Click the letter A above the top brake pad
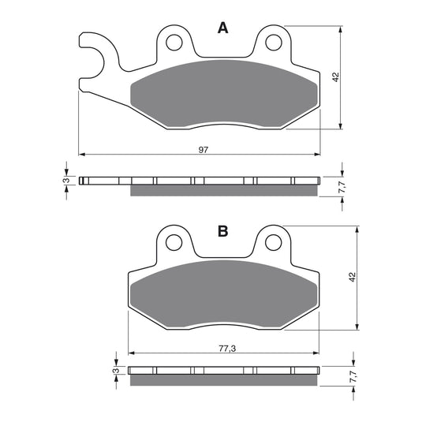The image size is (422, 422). [x=222, y=29]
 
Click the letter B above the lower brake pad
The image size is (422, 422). [x=222, y=231]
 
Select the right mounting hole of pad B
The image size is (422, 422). [x=273, y=241]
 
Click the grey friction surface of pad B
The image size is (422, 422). [x=222, y=296]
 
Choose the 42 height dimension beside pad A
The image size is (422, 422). [x=334, y=77]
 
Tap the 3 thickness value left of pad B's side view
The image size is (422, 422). [x=115, y=371]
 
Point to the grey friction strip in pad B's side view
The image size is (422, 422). [x=224, y=381]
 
